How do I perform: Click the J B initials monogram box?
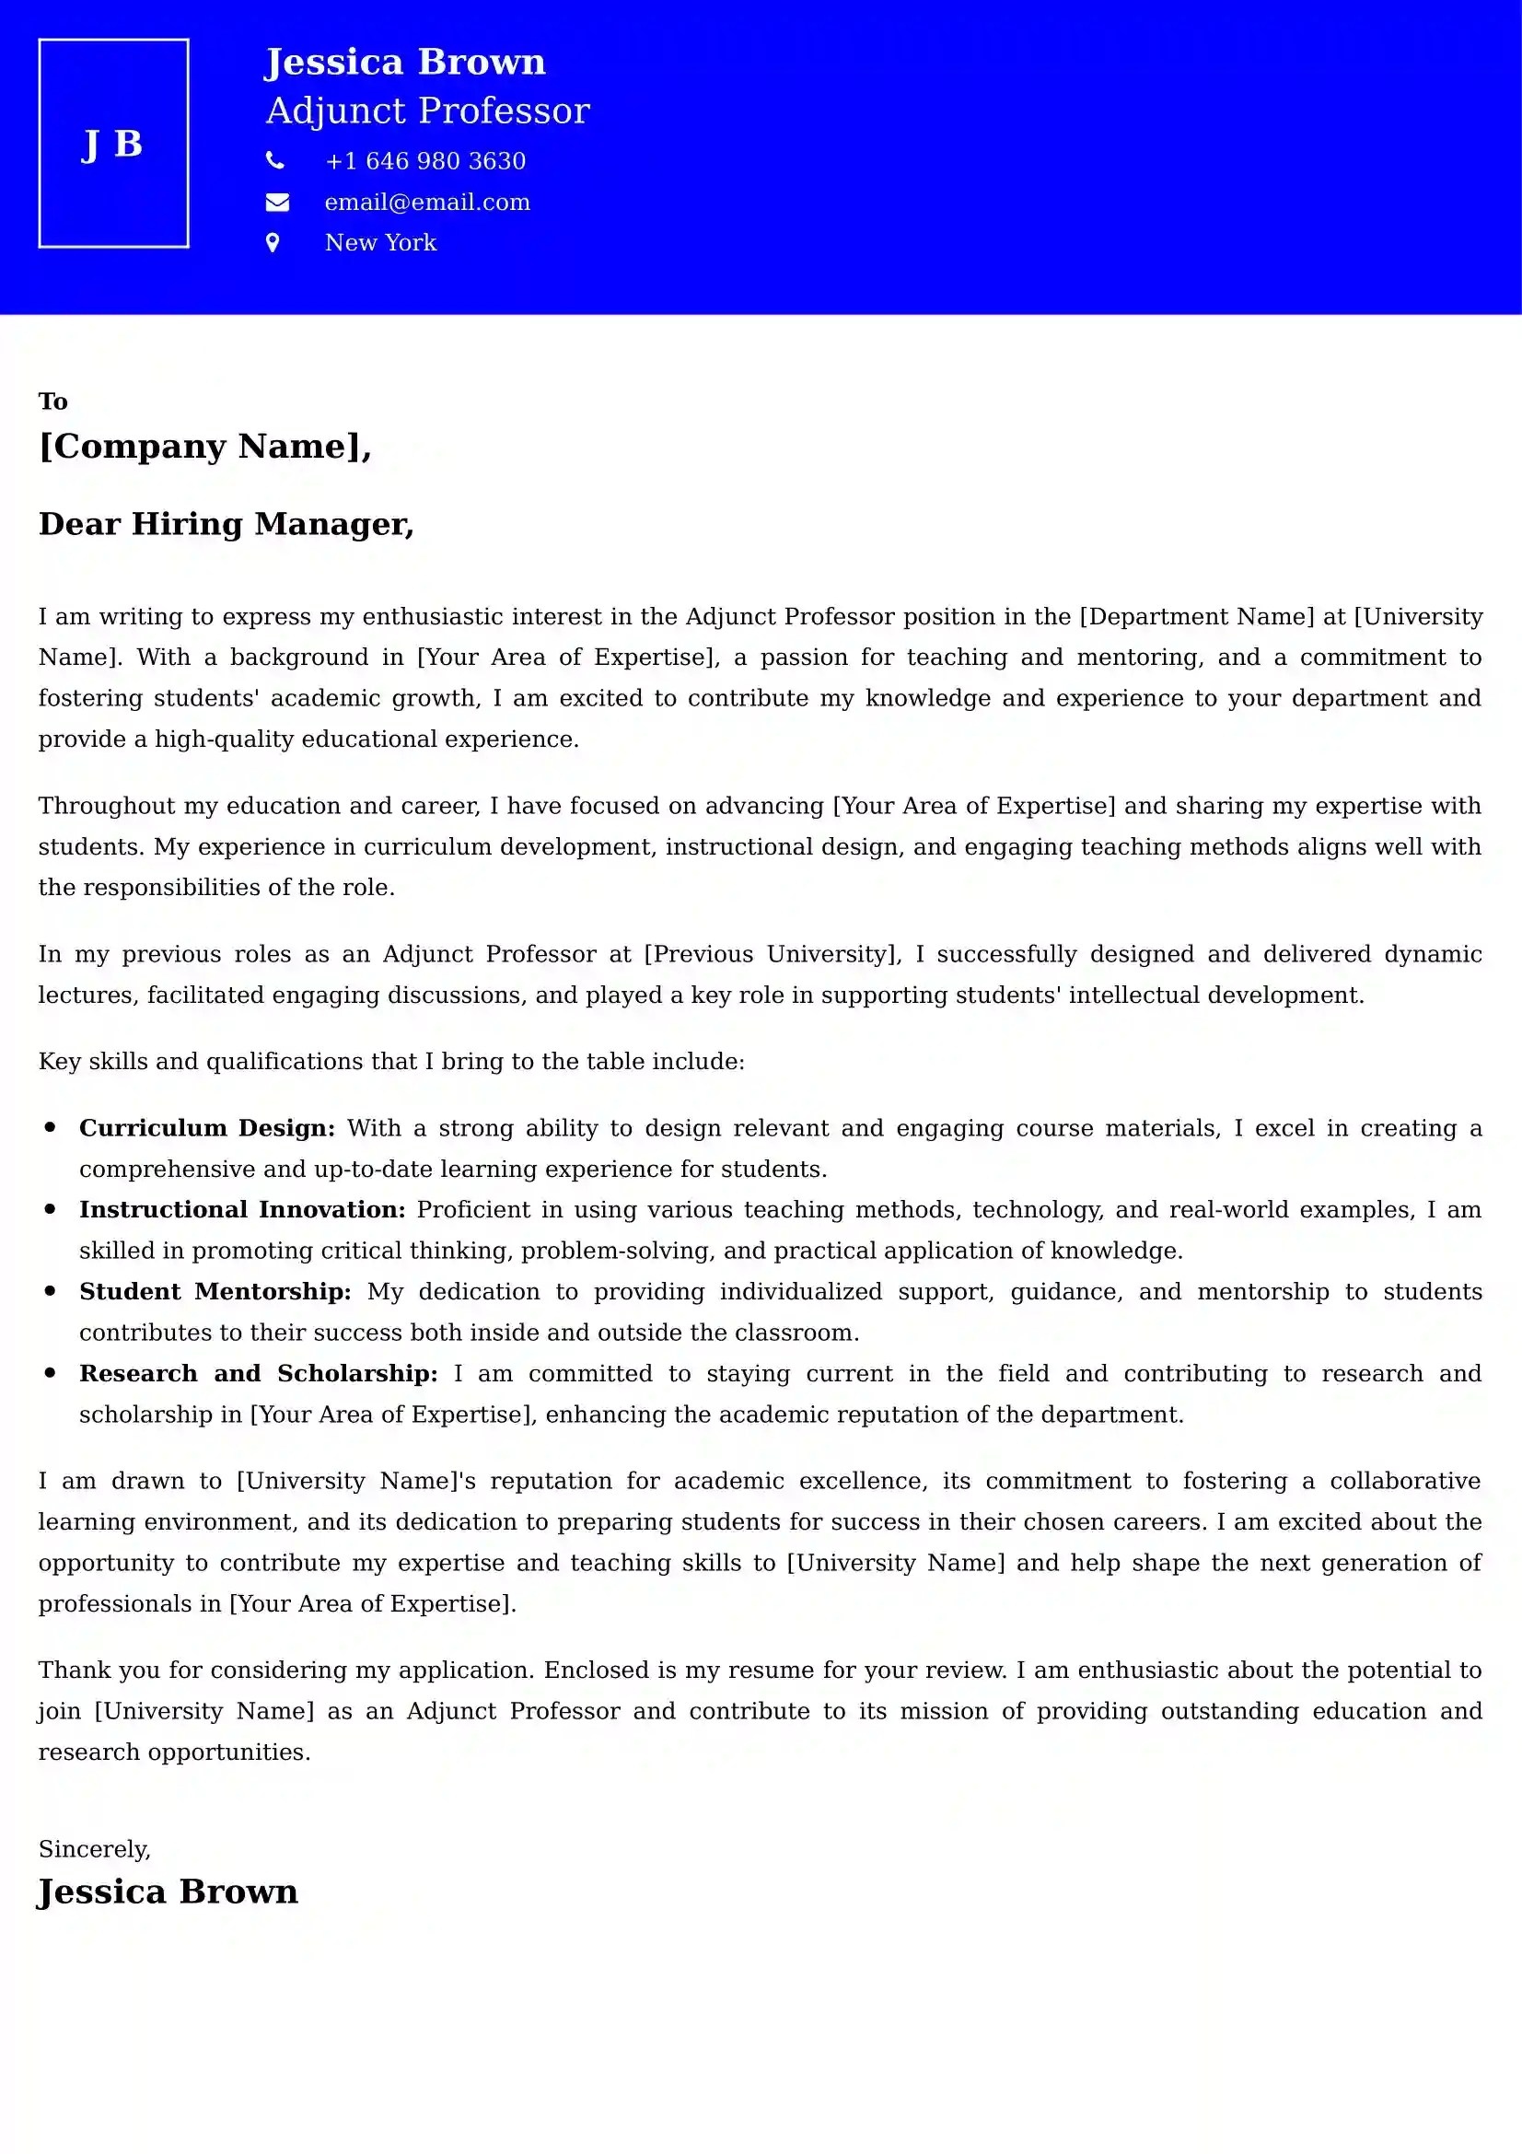113,144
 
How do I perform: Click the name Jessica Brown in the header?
404,62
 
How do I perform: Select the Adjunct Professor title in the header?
427,111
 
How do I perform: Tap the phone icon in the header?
274,160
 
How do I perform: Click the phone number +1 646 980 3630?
424,161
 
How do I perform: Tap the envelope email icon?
276,202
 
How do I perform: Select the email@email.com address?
426,203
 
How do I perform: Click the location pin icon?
273,243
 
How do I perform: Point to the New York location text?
379,243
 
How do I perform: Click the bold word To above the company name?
52,402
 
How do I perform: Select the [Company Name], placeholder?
204,446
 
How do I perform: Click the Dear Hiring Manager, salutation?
226,523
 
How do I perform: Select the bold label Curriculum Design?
206,1128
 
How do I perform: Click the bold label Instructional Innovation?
242,1209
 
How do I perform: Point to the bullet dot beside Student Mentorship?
50,1291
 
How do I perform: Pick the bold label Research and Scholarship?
258,1373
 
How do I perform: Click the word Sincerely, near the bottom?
94,1849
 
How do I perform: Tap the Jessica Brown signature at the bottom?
168,1892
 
